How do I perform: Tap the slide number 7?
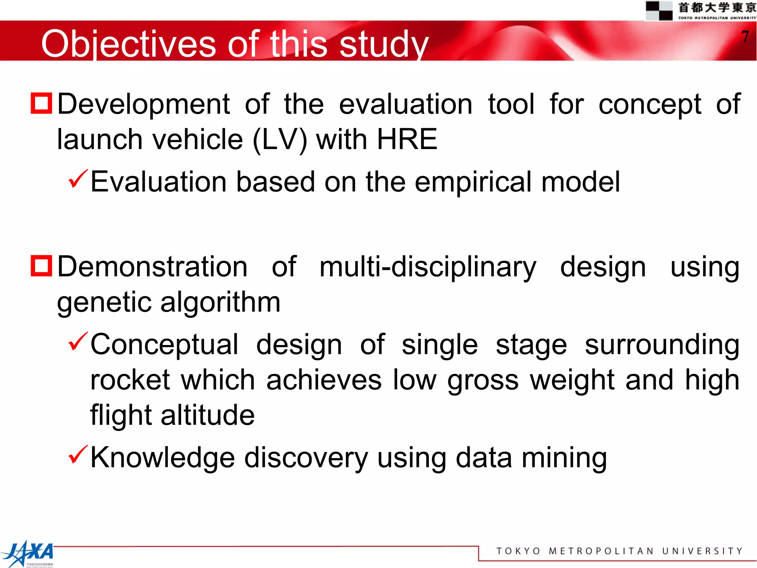tap(745, 37)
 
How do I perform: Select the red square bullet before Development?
tap(41, 103)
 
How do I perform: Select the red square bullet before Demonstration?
tap(41, 266)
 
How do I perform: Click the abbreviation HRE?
tap(407, 139)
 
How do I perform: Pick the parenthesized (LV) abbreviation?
tap(280, 140)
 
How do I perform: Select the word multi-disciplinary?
tap(428, 267)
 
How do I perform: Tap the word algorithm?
tap(220, 302)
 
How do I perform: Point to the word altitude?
tap(208, 415)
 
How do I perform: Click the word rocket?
tap(130, 380)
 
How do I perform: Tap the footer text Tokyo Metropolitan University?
tap(619, 551)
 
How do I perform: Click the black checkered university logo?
tap(659, 10)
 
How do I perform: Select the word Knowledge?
tap(163, 458)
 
